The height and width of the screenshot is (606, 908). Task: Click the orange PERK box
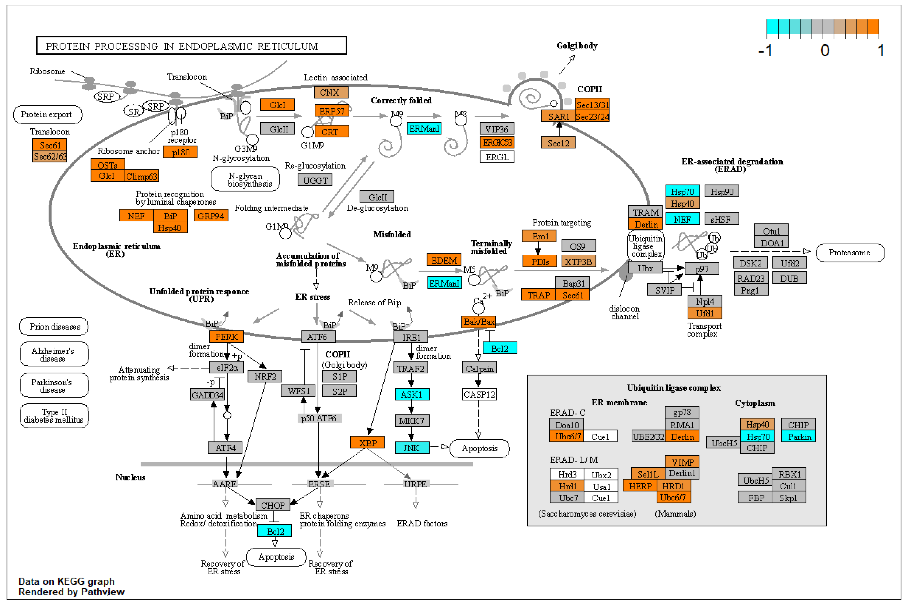click(x=226, y=337)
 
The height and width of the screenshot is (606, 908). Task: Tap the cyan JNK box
click(x=412, y=448)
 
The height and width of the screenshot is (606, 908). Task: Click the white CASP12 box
click(x=479, y=395)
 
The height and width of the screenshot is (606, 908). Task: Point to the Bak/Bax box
click(x=479, y=322)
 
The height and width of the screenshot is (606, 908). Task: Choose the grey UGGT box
click(x=315, y=180)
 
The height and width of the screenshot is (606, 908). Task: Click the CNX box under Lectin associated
click(x=331, y=92)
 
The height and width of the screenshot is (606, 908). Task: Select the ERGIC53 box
click(x=497, y=143)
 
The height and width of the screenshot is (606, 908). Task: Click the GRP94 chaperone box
click(x=211, y=216)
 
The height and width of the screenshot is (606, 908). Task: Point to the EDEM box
click(x=444, y=261)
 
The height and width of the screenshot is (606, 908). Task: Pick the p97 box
click(x=702, y=268)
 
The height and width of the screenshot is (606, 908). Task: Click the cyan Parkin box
click(x=798, y=437)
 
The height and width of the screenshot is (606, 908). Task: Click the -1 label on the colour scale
click(x=765, y=50)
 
